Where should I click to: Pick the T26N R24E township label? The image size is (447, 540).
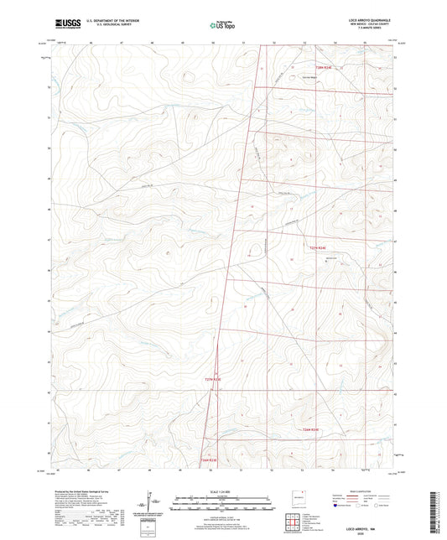tap(311, 428)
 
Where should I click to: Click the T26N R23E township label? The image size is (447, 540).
tap(208, 460)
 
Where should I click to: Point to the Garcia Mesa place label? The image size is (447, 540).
tap(300, 75)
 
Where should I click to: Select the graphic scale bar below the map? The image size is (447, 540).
tap(222, 505)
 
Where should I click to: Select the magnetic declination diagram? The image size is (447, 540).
tap(150, 505)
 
